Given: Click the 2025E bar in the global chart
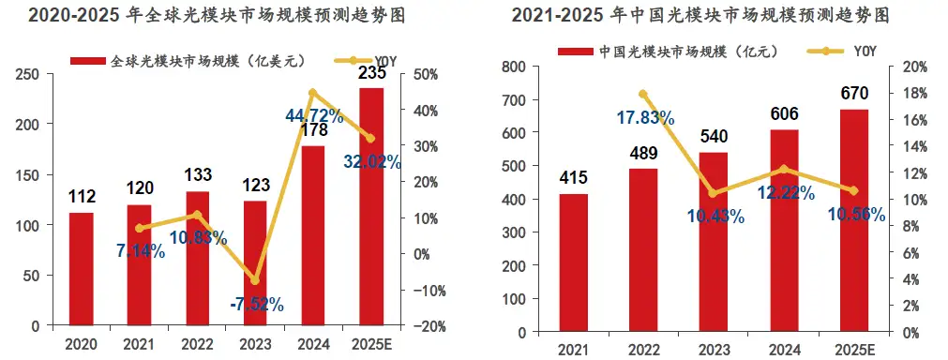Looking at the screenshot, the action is [371, 206].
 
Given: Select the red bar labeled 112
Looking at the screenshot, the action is [81, 269].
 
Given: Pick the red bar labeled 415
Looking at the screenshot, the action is [573, 262].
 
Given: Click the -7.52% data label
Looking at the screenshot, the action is [257, 305].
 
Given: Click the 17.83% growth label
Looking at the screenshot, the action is [645, 117].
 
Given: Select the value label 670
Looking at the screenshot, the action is [853, 93].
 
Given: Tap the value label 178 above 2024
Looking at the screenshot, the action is [313, 130].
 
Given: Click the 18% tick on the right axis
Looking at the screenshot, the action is [914, 93].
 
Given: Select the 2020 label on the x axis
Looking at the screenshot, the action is [81, 345].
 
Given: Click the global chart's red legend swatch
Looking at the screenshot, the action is [88, 60].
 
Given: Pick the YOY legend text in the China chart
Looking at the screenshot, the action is [865, 52].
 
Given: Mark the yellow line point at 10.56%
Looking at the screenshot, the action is [853, 191].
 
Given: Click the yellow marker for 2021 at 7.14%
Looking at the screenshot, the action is [140, 229].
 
